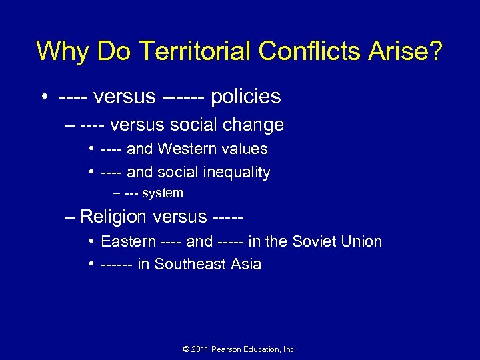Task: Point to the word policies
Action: pos(246,97)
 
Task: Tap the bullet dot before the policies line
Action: pos(42,97)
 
